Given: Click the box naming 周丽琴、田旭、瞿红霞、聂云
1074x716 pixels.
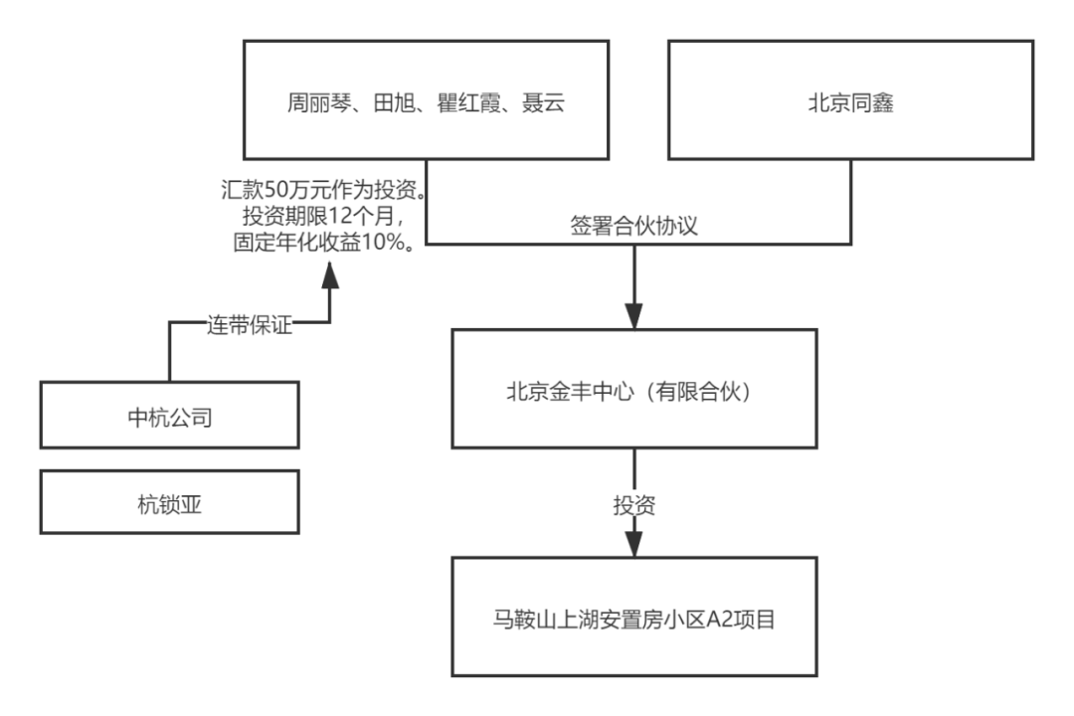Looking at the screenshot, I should click(426, 99).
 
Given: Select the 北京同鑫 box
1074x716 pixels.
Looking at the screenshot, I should click(850, 99).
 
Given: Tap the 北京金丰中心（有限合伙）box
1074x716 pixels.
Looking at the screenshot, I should click(634, 389).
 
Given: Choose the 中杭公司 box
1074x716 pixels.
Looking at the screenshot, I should click(170, 415).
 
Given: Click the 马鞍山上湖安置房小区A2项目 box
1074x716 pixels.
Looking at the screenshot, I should click(634, 618).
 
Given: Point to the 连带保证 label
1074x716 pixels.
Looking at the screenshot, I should click(250, 324).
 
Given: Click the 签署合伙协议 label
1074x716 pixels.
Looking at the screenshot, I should click(634, 225).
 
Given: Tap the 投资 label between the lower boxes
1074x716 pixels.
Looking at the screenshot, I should click(634, 504).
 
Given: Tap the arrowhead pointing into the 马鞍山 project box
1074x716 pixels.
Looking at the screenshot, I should click(634, 543).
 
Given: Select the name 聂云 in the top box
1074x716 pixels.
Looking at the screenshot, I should click(543, 102).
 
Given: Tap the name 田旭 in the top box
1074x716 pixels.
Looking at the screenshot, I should click(391, 102).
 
